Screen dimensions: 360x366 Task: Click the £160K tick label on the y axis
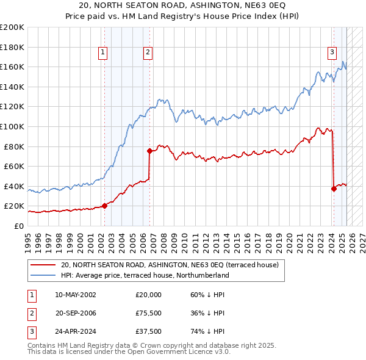[x=12, y=67]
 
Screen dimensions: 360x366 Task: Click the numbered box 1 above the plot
[x=103, y=53]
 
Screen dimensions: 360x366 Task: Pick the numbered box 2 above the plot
[x=148, y=53]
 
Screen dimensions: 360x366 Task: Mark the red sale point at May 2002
[x=104, y=206]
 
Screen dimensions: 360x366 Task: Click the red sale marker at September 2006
[x=149, y=151]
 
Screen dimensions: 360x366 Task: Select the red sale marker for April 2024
[x=334, y=189]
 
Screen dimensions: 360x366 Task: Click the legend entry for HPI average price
[x=145, y=275]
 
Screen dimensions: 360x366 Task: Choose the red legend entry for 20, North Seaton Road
[x=170, y=265]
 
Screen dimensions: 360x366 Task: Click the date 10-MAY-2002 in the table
[x=75, y=295]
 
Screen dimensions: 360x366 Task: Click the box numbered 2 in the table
[x=31, y=314]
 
